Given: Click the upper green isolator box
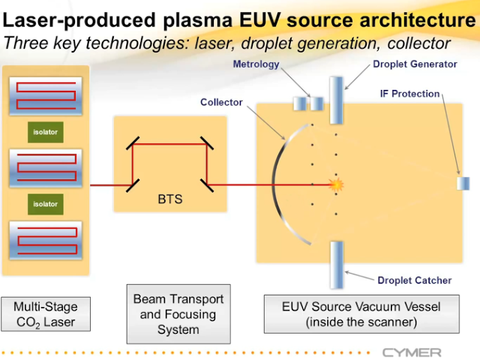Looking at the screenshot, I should tap(45, 133).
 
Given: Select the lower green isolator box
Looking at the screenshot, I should tap(45, 203).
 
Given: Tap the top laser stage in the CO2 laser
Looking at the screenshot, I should tap(46, 96).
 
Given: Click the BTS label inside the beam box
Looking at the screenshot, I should tap(169, 199).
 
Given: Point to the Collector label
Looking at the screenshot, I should tap(221, 102).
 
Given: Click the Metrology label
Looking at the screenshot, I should tap(256, 64).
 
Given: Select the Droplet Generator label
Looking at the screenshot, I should tap(415, 64).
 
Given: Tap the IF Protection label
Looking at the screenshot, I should tap(410, 94).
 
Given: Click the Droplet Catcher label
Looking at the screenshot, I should tap(414, 280).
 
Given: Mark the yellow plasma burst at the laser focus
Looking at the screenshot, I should tap(337, 184).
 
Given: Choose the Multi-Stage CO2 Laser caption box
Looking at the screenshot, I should tap(46, 314).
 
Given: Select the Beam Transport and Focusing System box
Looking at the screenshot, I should tap(178, 314).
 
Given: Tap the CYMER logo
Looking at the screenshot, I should tap(412, 352).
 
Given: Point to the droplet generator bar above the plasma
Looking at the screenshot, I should tap(336, 100).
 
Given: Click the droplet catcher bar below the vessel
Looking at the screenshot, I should tap(336, 263).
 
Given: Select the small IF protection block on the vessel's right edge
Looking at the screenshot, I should tap(463, 184).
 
